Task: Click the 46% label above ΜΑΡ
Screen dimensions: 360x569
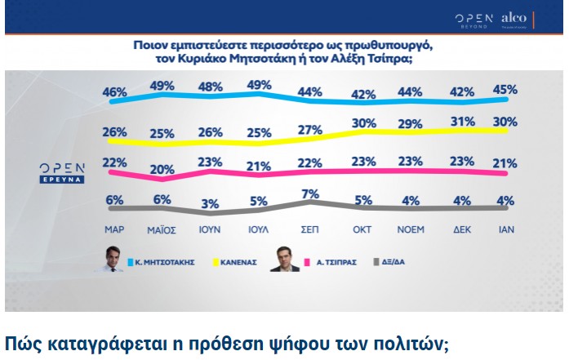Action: [115, 93]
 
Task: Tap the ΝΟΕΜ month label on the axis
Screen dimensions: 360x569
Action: [410, 229]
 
